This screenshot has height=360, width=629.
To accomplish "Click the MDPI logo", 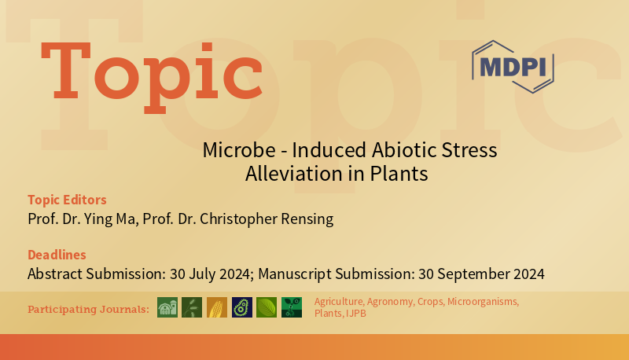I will click(x=513, y=66).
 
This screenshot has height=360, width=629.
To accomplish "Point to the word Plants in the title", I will click(x=401, y=174).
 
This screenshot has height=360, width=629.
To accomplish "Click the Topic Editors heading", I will click(x=67, y=200).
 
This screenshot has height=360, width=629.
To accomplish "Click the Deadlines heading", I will click(x=57, y=255).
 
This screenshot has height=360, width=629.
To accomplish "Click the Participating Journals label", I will click(x=88, y=309).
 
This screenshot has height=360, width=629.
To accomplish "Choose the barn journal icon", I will click(x=167, y=307).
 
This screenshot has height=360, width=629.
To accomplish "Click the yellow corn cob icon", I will click(x=217, y=307).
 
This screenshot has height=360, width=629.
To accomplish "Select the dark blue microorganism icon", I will click(x=242, y=307).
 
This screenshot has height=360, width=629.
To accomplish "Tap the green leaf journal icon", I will click(x=267, y=307).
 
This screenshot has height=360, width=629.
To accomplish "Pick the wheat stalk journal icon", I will click(x=192, y=307).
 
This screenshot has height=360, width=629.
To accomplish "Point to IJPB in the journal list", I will click(x=355, y=314).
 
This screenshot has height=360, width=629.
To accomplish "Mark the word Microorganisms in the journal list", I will click(x=483, y=302).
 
